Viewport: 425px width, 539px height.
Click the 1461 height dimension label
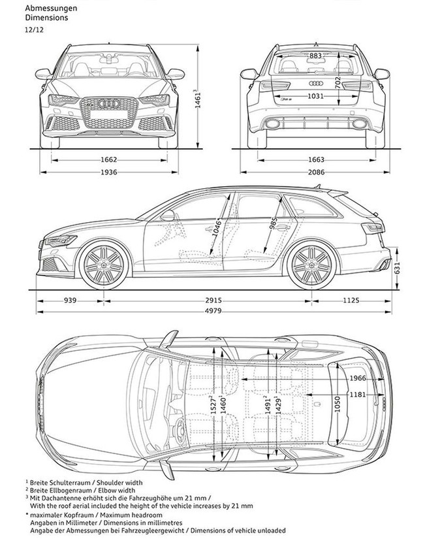[x=197, y=99]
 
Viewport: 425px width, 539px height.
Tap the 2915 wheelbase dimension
[x=213, y=301]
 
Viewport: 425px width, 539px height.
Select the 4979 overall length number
[x=213, y=311]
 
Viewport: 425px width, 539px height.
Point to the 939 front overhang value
[x=70, y=301]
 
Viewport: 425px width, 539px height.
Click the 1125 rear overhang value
[x=351, y=301]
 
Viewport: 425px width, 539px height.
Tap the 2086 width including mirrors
[x=316, y=172]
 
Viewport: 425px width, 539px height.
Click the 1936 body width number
[x=108, y=172]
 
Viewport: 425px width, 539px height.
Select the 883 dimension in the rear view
[x=315, y=56]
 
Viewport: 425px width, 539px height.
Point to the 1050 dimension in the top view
[x=337, y=404]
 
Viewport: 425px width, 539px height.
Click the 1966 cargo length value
[x=358, y=378]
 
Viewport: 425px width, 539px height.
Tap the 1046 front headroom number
[x=217, y=228]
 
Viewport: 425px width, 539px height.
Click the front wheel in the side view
[x=104, y=265]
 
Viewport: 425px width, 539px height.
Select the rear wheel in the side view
[x=311, y=265]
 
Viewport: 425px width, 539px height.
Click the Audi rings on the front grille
[x=108, y=103]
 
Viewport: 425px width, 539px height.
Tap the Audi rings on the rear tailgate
[x=315, y=84]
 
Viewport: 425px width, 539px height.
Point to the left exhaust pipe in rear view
[x=272, y=123]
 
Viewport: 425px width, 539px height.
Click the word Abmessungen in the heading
[x=51, y=8]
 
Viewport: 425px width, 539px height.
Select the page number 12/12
[x=34, y=29]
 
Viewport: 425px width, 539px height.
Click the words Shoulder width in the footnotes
[x=120, y=483]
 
